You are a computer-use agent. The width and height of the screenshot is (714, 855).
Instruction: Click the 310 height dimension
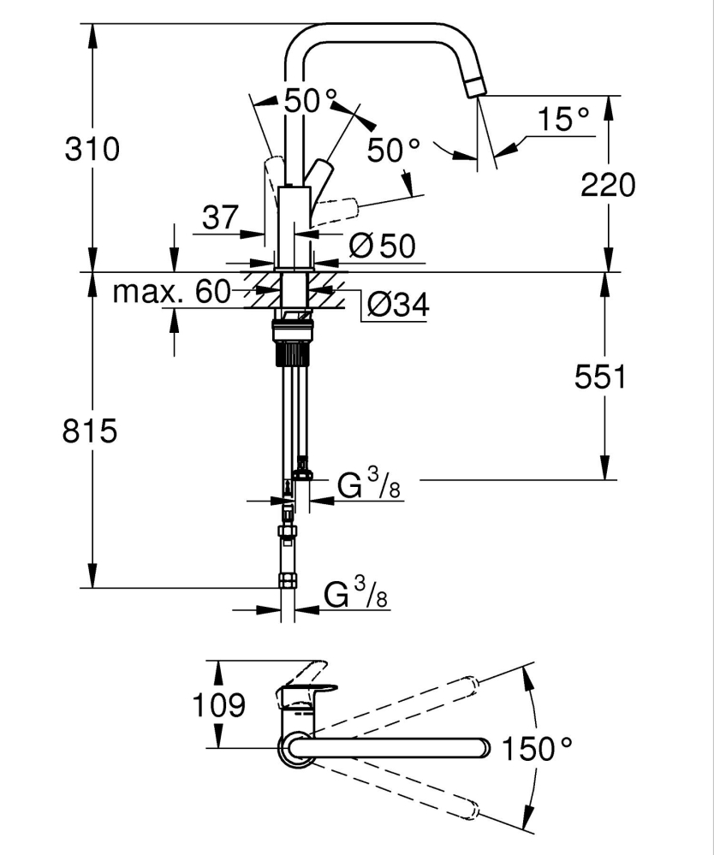coord(92,150)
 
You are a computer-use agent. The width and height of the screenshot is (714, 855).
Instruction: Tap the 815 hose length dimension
coord(89,430)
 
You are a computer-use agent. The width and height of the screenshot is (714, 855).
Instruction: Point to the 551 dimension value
coord(602,377)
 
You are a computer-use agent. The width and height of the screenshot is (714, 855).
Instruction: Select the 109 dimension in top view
coord(217,705)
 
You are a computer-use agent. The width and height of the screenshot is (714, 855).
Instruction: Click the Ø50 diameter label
coord(382,246)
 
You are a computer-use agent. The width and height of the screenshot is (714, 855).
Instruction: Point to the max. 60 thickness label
coord(172,293)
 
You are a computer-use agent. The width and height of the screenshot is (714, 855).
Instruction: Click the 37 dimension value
coord(220,218)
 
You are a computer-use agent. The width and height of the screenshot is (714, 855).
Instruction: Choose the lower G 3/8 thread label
coord(356,593)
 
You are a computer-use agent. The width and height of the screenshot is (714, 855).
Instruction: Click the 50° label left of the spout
coord(305,101)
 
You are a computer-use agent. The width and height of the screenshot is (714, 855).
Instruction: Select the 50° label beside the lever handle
coord(394,151)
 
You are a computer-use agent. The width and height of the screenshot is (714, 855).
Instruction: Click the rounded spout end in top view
coord(479,748)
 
